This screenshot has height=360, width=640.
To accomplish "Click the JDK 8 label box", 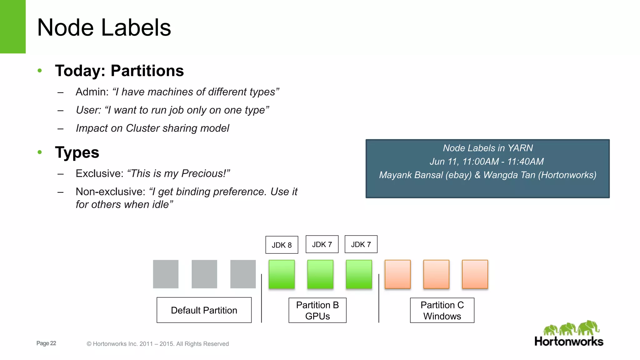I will pos(282,245).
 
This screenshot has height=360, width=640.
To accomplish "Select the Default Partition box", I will pos(204,310).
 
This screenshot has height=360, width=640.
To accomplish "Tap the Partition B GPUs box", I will pos(317,310).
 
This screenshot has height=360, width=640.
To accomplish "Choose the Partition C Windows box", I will pos(442,310).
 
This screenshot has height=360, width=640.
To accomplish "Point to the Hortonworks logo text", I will pos(569,342).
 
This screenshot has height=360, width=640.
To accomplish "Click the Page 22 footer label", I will pos(46,343).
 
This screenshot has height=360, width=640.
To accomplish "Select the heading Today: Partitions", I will pos(119,71).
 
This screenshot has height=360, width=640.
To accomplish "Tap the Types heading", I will pos(77,152).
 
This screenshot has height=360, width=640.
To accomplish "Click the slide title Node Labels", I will pos(104,27).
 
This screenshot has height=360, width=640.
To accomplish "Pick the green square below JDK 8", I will pos(282,274).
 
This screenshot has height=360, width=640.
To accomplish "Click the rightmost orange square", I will pos(475,274).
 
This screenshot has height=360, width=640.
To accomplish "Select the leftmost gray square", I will pos(166,274).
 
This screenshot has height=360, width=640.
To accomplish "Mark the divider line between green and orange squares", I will pos(379,298).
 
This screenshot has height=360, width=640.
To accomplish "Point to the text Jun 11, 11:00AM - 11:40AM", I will pos(487,162).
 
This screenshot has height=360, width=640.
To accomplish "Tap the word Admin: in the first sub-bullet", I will pos(92,92).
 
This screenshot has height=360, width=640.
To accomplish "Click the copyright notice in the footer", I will pos(158,344).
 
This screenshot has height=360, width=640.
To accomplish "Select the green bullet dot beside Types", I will pos(40,152).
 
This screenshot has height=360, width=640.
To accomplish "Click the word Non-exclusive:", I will pos(110,192).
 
